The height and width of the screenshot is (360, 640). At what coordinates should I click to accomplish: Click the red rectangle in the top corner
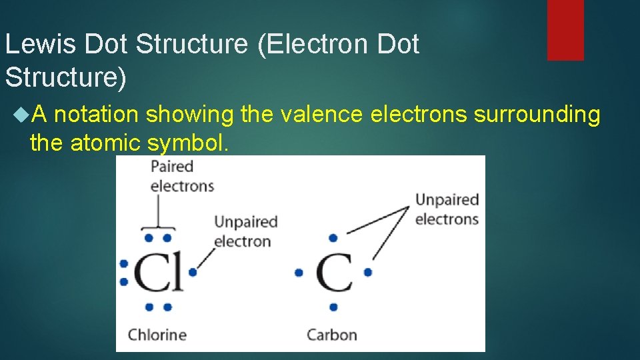click(565, 30)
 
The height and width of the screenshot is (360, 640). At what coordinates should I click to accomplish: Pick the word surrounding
click(537, 115)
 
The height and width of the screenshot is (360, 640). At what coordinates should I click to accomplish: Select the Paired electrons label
click(182, 176)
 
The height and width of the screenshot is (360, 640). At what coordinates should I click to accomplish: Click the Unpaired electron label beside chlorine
click(245, 231)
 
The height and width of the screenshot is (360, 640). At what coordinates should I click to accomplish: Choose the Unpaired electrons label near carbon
click(447, 209)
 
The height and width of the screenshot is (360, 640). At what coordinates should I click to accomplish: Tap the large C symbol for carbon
click(333, 272)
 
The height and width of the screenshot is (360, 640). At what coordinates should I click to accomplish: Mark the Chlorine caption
click(157, 335)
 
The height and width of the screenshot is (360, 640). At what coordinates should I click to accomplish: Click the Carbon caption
click(331, 335)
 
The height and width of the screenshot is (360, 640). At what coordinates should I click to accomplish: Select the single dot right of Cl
click(193, 272)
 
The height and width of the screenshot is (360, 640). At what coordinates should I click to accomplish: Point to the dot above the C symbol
click(333, 237)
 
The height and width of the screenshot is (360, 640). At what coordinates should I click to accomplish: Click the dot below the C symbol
click(333, 307)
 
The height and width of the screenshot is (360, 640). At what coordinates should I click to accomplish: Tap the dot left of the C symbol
click(299, 272)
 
